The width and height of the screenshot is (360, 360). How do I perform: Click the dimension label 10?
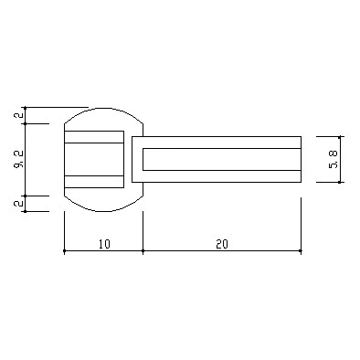pos(104,244)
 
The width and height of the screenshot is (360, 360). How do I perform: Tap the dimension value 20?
pos(222,244)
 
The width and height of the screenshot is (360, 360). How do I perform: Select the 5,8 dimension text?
pos(334,160)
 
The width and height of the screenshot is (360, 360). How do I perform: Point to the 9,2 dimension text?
pos(18,160)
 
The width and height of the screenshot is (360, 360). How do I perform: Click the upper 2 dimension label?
pos(19,115)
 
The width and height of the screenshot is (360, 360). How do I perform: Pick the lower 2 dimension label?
pos(19,203)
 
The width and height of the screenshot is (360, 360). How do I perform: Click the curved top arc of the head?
pos(103,109)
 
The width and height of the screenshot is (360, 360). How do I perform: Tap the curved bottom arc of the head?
pos(103,210)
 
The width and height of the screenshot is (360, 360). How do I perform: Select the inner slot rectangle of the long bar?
pos(222,159)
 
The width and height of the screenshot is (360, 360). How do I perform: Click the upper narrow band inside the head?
pos(94,137)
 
